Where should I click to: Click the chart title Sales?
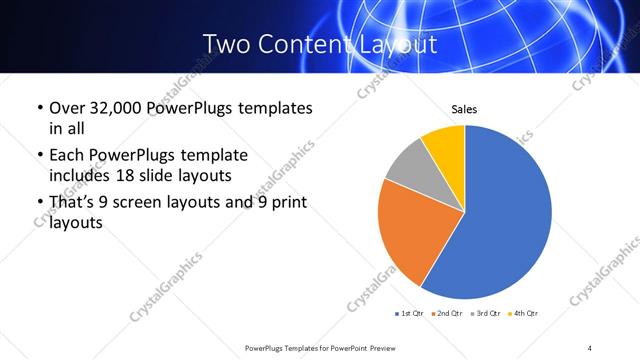[x=465, y=108]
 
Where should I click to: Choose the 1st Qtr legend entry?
[x=410, y=314]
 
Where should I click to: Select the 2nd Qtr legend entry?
[x=448, y=314]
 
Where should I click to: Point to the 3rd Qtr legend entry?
[x=486, y=314]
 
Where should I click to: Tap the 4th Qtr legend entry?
[x=524, y=314]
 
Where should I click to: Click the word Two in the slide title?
[x=226, y=44]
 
